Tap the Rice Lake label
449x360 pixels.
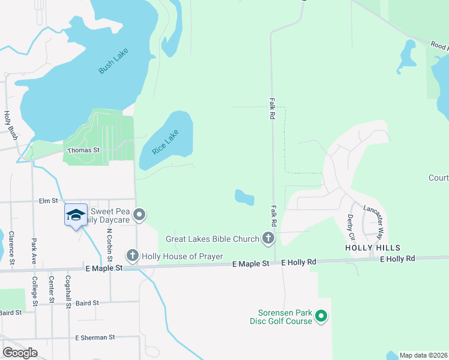[x=165, y=142]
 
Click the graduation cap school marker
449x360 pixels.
[x=75, y=215]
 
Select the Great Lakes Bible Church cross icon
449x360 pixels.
[x=268, y=239]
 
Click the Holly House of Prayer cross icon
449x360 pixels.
[x=132, y=256]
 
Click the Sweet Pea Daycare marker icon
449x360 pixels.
[x=139, y=214]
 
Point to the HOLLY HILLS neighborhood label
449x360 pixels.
[x=372, y=247]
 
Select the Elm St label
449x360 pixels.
[x=48, y=201]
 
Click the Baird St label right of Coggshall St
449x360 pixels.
[x=88, y=304]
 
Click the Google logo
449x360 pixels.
[x=20, y=352]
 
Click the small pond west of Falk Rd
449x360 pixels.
[x=244, y=196]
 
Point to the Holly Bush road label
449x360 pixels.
[x=10, y=126]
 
